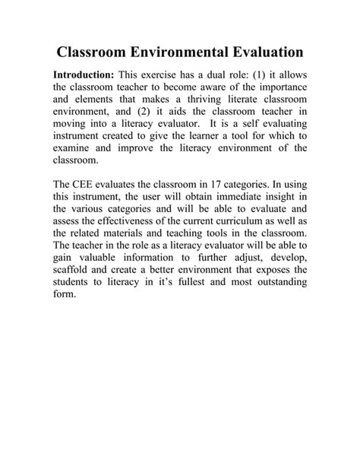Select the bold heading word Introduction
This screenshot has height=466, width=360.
[x=84, y=76]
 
